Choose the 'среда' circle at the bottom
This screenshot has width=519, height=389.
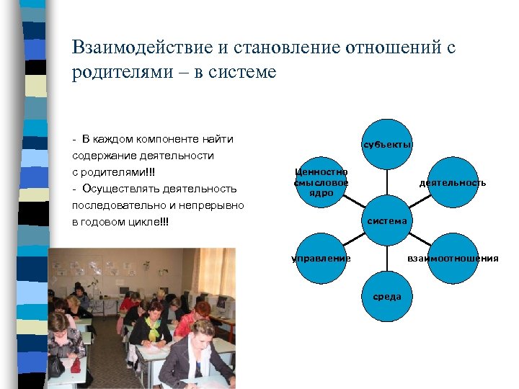(x=387, y=296)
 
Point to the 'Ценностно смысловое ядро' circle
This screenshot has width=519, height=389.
(x=322, y=182)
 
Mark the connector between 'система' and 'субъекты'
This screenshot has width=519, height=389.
(x=387, y=183)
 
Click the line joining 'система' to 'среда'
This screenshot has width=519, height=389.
(x=387, y=256)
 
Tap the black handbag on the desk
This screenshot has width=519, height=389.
(x=56, y=366)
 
